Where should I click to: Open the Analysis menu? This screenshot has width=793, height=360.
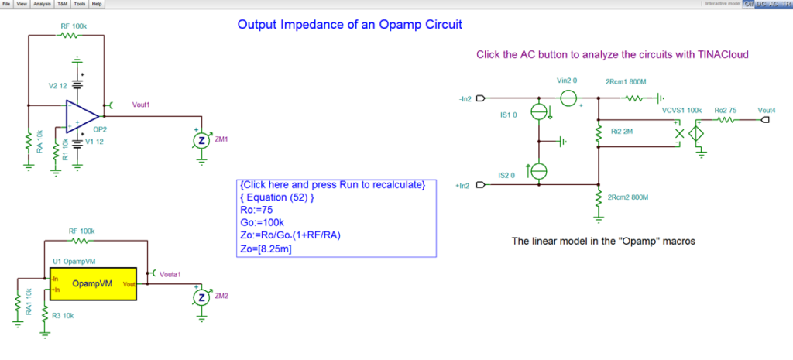[42, 4]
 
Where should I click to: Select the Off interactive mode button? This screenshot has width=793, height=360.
[748, 4]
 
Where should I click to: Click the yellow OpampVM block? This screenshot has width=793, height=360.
[91, 283]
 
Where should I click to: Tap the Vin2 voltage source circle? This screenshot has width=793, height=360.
[568, 98]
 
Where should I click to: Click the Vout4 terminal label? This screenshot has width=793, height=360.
[767, 111]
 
